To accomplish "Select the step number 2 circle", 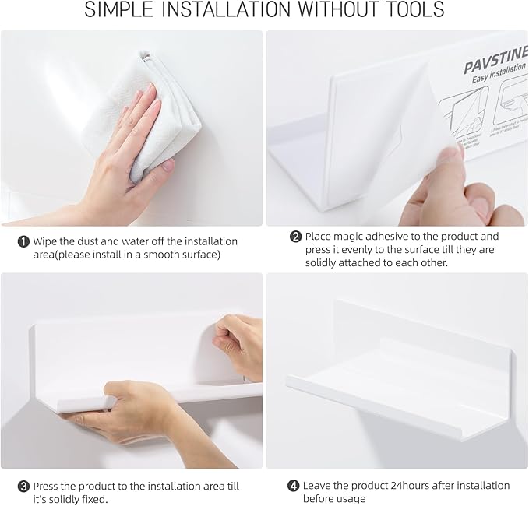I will point(295,237).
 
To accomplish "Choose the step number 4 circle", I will point(294,486).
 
